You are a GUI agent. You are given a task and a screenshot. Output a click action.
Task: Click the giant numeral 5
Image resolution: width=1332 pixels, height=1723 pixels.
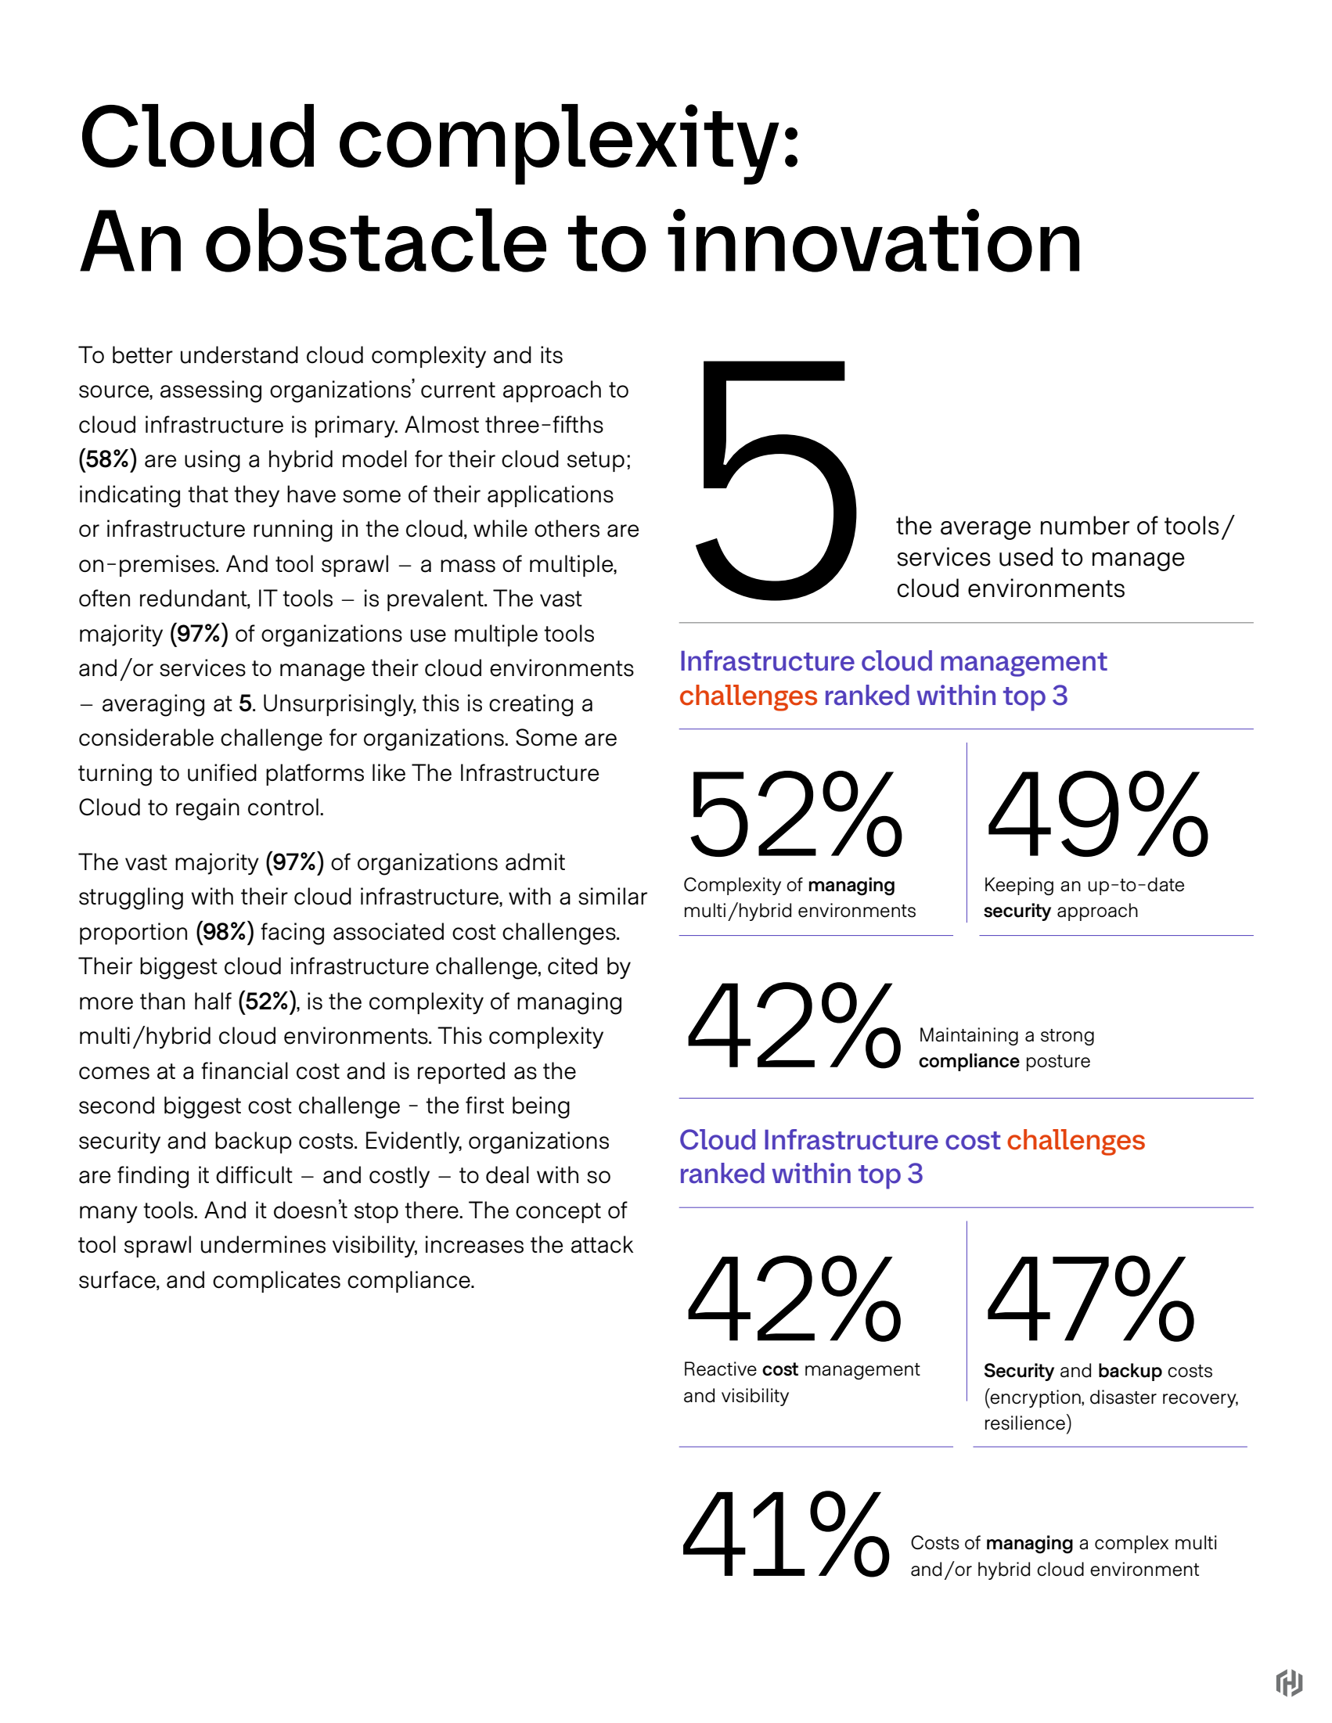coord(776,480)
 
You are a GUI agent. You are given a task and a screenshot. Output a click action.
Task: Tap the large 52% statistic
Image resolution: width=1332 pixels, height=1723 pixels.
coord(794,815)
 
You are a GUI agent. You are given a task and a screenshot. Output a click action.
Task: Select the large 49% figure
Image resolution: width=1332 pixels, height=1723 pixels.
coord(1098,815)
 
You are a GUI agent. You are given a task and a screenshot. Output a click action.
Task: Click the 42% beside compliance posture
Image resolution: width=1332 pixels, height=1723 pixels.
coord(794,1026)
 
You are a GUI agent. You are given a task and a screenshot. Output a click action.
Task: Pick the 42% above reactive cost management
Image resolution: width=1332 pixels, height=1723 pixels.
coord(794,1299)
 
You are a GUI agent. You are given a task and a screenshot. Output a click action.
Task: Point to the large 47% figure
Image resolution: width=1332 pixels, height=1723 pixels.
coord(1090,1299)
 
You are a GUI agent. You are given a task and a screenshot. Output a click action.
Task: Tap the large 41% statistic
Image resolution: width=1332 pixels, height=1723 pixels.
coord(786,1534)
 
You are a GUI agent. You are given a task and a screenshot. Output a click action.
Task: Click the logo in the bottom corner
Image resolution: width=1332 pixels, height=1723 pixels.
coord(1289,1683)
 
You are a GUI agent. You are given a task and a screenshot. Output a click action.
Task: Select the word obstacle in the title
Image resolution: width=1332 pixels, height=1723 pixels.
coord(376,243)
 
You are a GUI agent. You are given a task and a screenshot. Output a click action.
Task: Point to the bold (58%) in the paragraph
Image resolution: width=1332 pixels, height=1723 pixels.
coord(107,459)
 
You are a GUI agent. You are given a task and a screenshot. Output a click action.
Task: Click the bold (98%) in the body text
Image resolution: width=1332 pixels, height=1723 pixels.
coord(225,932)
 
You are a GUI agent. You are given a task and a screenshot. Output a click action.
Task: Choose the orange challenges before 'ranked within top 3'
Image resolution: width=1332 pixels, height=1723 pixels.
coord(748,696)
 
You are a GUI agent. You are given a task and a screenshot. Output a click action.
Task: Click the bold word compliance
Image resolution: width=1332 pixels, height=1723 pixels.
coord(969,1061)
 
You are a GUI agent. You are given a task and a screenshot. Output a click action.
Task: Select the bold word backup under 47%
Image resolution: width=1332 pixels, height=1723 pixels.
coord(1130,1370)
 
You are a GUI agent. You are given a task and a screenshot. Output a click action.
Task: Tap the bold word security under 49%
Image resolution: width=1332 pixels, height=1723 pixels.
coord(1017,912)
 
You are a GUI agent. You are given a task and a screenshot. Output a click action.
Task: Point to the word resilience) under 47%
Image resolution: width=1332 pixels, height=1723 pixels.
coord(1028,1423)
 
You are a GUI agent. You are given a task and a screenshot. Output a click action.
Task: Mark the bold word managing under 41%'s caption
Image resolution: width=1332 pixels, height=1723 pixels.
coord(1029,1542)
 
